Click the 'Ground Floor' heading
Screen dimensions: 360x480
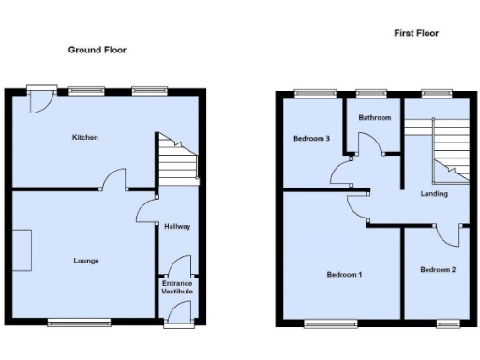click(x=97, y=50)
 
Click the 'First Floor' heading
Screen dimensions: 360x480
click(x=415, y=33)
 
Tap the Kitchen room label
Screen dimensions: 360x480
click(x=85, y=138)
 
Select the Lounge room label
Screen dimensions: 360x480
click(x=85, y=260)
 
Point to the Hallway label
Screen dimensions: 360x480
click(x=177, y=226)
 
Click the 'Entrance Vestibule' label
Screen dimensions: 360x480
click(x=177, y=287)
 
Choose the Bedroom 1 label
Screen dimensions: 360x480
click(x=345, y=275)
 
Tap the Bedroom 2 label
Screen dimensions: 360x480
click(x=438, y=270)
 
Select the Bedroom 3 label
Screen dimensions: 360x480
click(x=311, y=138)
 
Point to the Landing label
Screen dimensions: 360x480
click(x=434, y=194)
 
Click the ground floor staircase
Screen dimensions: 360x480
click(x=177, y=157)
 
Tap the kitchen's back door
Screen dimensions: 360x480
click(x=39, y=99)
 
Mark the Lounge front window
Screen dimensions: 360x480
click(x=80, y=322)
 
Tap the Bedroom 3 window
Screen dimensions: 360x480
click(x=316, y=92)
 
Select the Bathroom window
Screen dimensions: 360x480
click(x=372, y=92)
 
